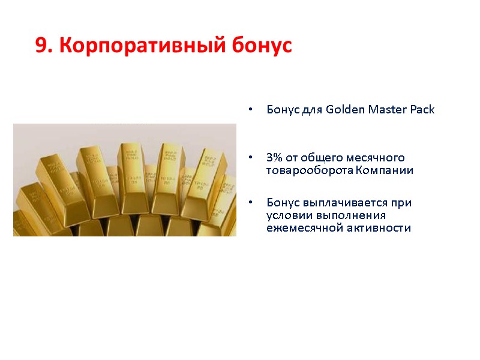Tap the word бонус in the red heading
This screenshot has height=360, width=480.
tap(264, 46)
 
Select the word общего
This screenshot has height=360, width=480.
tap(320, 158)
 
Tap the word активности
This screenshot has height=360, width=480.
tap(378, 227)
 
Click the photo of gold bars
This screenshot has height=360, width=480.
tap(125, 180)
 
